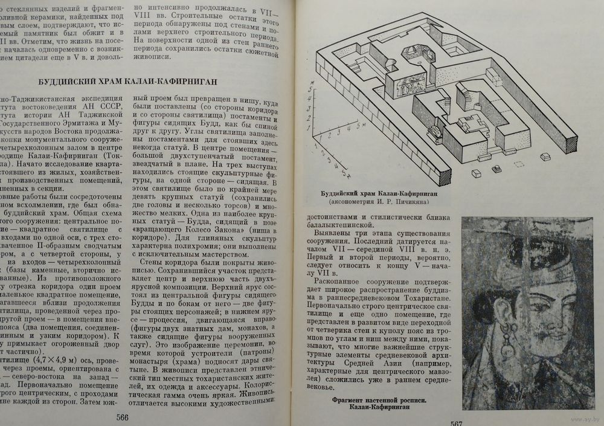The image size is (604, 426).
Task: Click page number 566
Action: pos(123,416)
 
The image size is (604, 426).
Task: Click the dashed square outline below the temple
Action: pos(517,164)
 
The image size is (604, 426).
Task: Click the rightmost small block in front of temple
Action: pos(545,157)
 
